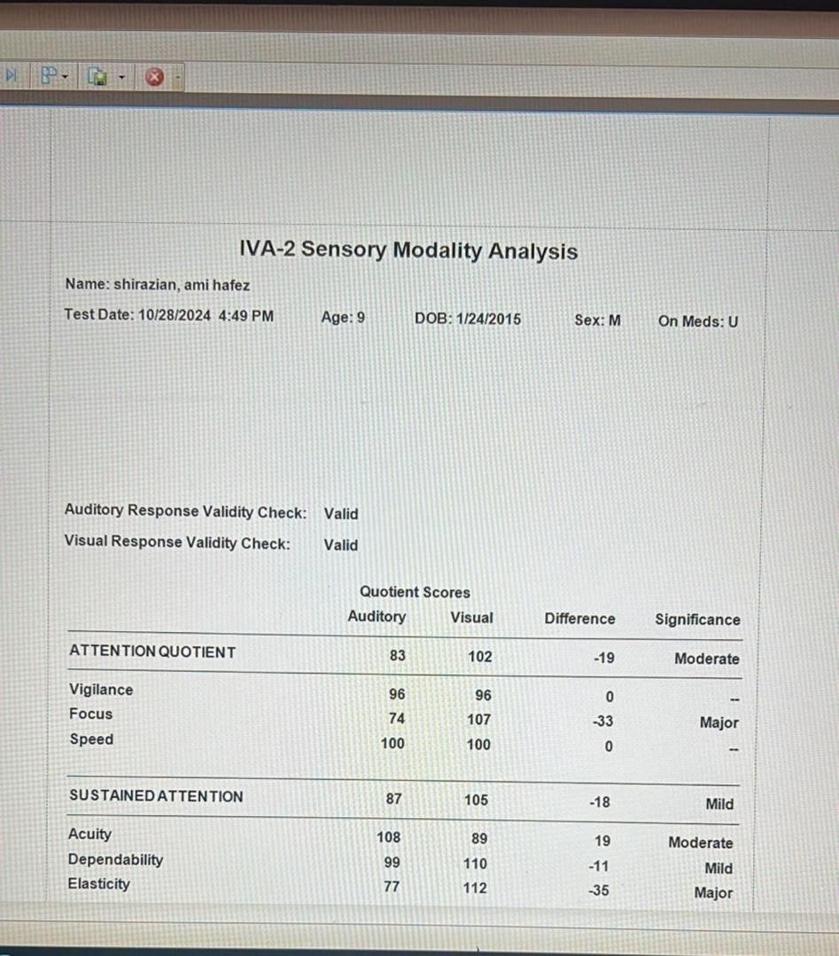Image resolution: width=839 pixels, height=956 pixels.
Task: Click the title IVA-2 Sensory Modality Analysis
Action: [x=408, y=251]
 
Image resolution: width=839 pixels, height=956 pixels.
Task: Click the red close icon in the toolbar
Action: [x=154, y=77]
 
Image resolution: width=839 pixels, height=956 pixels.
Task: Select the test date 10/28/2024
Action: [x=175, y=315]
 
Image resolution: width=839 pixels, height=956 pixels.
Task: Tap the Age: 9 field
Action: [x=343, y=318]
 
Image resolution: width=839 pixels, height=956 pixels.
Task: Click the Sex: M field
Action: [x=597, y=320]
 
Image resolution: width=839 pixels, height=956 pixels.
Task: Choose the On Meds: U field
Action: [x=697, y=321]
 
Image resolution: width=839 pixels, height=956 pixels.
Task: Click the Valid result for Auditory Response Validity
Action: [x=341, y=513]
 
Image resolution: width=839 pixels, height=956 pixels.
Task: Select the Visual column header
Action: [x=471, y=618]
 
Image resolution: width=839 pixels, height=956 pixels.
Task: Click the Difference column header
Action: [x=579, y=619]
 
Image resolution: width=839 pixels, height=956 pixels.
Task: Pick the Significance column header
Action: [x=697, y=620]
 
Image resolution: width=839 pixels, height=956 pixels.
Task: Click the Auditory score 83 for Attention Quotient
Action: [x=397, y=656]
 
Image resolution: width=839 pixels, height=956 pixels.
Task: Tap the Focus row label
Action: [x=91, y=714]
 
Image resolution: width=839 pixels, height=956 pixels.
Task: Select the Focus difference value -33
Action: [x=602, y=721]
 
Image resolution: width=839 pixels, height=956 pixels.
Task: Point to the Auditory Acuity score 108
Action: [x=389, y=836]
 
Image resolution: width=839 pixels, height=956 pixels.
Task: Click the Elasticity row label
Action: [x=98, y=883]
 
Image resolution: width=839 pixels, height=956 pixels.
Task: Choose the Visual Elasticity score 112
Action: [x=475, y=888]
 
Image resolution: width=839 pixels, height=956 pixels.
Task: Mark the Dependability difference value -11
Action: [x=600, y=867]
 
